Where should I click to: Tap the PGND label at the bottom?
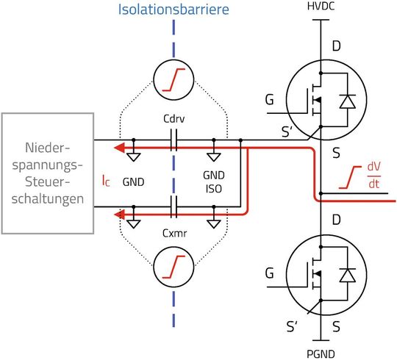[x=321, y=353]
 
